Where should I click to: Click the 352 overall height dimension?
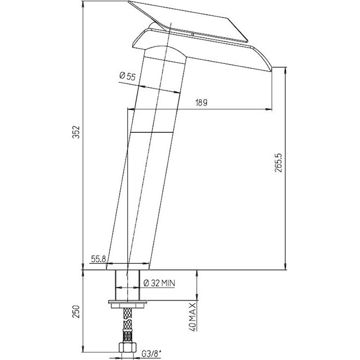point(76,132)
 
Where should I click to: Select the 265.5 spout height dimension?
point(278,163)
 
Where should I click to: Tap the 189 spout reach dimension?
point(202,103)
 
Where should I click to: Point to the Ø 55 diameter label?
point(128,76)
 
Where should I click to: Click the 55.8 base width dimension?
point(98,259)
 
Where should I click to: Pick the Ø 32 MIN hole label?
point(159,283)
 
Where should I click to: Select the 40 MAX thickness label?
point(193,317)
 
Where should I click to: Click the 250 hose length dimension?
point(76,311)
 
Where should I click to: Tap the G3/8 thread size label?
point(151,354)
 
